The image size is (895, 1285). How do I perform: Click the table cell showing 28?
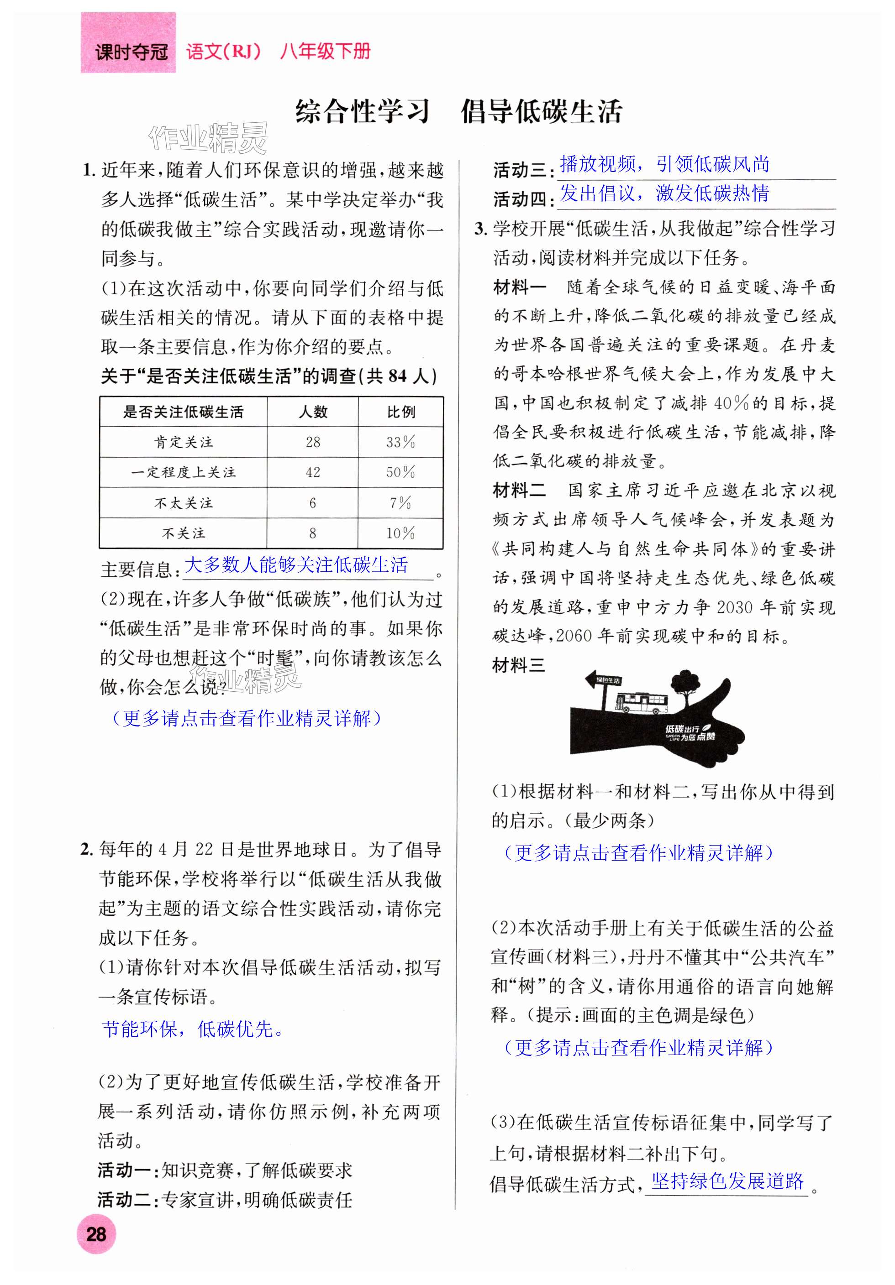point(312,442)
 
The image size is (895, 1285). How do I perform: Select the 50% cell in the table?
point(400,472)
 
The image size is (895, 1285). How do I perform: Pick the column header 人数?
point(312,412)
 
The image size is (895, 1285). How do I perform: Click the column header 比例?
point(400,412)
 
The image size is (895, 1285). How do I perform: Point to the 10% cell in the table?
point(400,533)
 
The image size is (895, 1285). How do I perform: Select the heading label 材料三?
point(518,665)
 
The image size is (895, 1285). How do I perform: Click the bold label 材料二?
point(519,491)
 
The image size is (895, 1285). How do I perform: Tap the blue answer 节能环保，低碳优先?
point(192,1029)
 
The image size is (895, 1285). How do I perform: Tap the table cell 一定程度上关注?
point(183,472)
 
